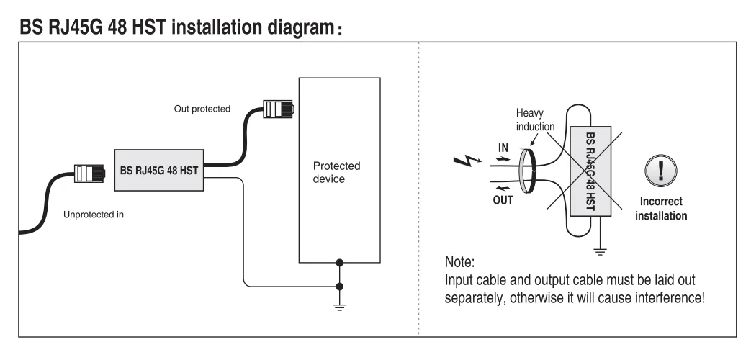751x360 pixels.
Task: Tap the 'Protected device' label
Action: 336,172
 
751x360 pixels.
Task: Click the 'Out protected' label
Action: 202,109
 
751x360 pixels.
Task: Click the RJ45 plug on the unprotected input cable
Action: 90,173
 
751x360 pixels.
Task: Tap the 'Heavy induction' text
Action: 535,120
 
